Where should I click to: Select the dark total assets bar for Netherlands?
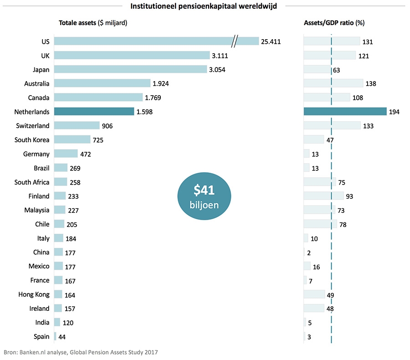click(x=94, y=112)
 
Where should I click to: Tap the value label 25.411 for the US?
click(x=271, y=42)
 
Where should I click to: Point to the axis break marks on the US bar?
click(x=235, y=41)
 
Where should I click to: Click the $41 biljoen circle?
click(x=204, y=195)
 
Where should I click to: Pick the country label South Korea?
click(x=32, y=140)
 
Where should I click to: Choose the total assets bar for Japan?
click(x=130, y=69)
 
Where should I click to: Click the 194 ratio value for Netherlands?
click(x=395, y=112)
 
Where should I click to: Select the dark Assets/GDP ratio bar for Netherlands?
click(x=345, y=112)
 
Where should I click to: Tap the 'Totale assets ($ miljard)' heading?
click(x=92, y=23)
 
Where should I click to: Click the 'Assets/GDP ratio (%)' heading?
click(x=334, y=23)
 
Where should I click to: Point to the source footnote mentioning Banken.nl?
click(x=81, y=352)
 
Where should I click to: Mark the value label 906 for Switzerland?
click(x=108, y=126)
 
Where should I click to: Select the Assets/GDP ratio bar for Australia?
click(x=333, y=83)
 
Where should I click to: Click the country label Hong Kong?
click(x=34, y=295)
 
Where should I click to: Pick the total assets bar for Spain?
click(x=55, y=336)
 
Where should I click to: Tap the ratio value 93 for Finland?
click(x=349, y=196)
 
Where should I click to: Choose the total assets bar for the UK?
click(x=132, y=55)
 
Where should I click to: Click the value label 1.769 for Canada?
click(x=153, y=98)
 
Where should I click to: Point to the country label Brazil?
click(x=41, y=168)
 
